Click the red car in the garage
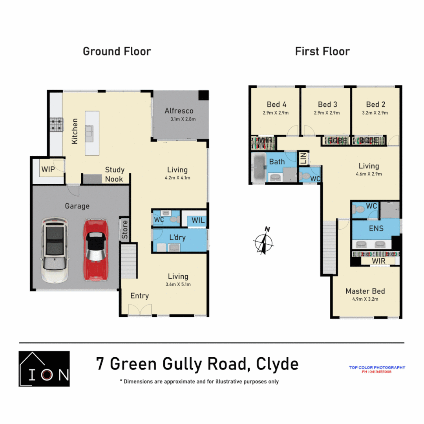(95, 250)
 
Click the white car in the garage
(55, 250)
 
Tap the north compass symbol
(264, 240)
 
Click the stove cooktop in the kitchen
(56, 125)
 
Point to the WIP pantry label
(48, 170)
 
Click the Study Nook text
(114, 174)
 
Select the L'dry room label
(177, 238)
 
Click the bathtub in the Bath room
(258, 168)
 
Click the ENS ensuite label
(376, 228)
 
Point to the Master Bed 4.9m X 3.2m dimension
(365, 299)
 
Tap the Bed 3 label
(327, 104)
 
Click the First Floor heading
(322, 51)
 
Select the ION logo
(44, 369)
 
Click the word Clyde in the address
(277, 364)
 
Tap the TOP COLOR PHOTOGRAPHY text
(377, 367)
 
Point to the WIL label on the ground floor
(198, 220)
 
